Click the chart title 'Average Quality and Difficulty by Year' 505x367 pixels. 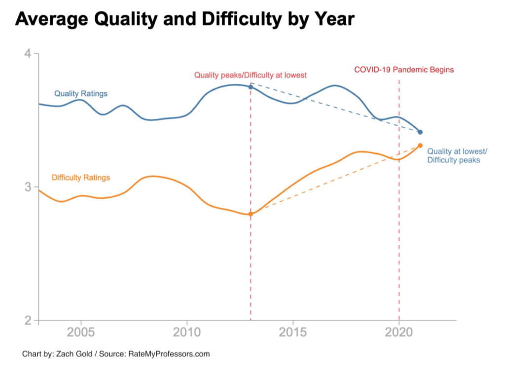[x=185, y=20]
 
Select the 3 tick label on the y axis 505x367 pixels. [x=29, y=187]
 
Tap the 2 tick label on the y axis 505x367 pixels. [x=29, y=320]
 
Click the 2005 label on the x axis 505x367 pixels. [x=81, y=331]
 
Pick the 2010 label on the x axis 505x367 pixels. [x=187, y=331]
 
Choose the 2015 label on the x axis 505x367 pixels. [x=293, y=331]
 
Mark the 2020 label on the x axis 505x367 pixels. [x=399, y=331]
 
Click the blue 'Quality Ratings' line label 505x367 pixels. [x=81, y=93]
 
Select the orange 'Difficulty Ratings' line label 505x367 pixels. [x=81, y=178]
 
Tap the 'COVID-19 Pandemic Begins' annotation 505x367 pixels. [x=404, y=70]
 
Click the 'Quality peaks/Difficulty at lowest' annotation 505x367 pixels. [x=251, y=75]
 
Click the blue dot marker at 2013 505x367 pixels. [x=251, y=87]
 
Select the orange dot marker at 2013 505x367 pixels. [x=251, y=214]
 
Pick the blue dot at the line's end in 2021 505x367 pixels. [x=420, y=132]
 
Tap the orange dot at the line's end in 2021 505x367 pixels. [x=420, y=146]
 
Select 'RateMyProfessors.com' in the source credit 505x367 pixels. [x=169, y=354]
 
